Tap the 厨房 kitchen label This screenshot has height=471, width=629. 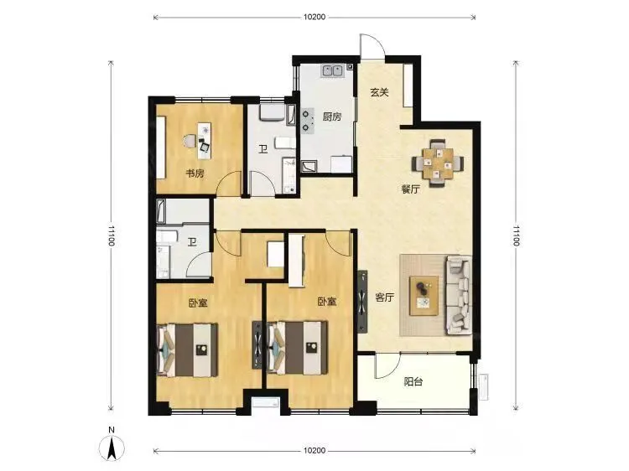332,116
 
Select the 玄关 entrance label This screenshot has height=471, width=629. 379,92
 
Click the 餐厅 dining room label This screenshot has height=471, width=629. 410,189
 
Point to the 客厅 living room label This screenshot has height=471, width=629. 384,298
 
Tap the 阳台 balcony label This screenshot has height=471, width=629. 413,381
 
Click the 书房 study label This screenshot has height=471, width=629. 195,173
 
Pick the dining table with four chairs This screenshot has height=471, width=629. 438,163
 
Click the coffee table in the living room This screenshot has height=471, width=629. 424,296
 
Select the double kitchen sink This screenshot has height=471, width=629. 332,71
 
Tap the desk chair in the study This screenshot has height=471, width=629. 190,141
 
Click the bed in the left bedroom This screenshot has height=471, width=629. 187,350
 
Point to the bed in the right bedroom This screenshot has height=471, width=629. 297,348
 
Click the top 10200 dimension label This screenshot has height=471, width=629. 314,17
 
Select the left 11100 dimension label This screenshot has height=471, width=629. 111,236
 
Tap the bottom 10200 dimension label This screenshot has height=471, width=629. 314,451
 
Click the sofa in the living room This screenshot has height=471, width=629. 459,296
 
